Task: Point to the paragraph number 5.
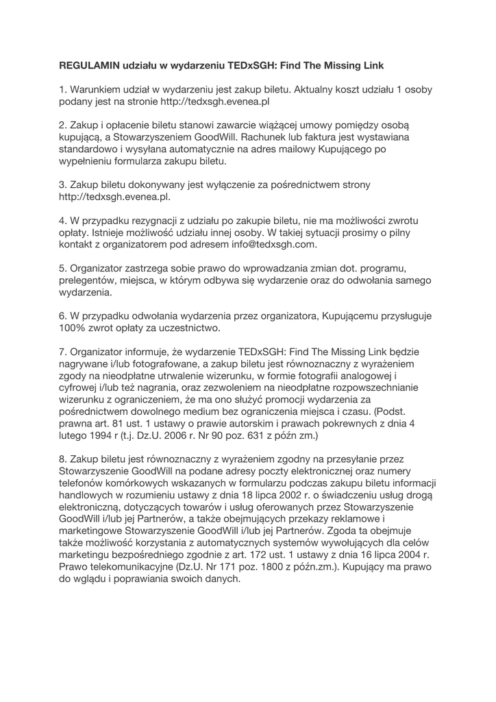click(62, 269)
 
